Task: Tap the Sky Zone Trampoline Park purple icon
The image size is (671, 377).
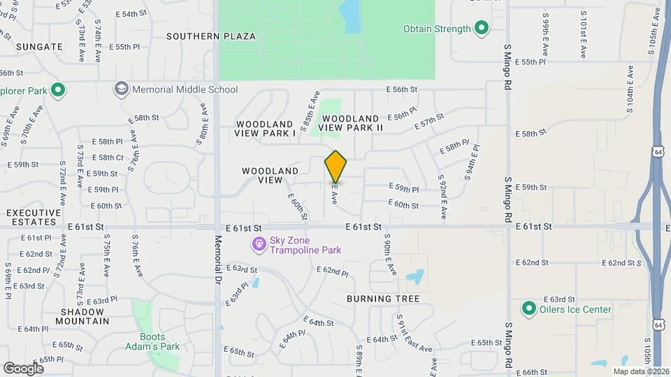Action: tap(259, 244)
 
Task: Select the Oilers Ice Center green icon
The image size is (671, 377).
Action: tap(529, 309)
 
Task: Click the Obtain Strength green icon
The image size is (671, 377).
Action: tap(481, 29)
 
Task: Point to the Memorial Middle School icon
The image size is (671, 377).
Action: tap(122, 89)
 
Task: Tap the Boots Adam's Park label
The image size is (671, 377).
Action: tap(152, 341)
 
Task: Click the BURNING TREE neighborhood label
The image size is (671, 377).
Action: tap(383, 299)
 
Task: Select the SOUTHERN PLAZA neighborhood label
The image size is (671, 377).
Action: tap(211, 36)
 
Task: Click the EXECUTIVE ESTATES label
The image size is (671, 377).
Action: tap(30, 217)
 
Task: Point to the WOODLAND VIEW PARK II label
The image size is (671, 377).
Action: tap(351, 124)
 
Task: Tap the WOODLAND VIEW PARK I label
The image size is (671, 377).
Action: tap(266, 128)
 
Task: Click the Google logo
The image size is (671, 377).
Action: tap(24, 368)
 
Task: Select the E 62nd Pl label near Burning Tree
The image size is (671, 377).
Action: tap(332, 270)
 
